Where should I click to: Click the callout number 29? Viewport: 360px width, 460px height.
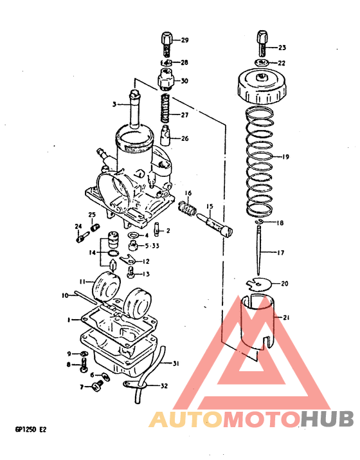(184, 41)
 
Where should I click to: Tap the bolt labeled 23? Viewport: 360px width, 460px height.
(262, 42)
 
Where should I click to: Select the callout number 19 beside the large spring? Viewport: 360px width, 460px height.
(285, 156)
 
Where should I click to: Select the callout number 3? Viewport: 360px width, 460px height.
(114, 103)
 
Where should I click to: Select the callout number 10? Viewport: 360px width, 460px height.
(64, 295)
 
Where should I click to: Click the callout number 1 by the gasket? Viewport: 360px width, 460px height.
(67, 318)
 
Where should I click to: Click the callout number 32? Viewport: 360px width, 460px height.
(164, 386)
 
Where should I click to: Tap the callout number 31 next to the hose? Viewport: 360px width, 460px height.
(176, 363)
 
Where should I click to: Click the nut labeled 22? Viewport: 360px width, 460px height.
(262, 62)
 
